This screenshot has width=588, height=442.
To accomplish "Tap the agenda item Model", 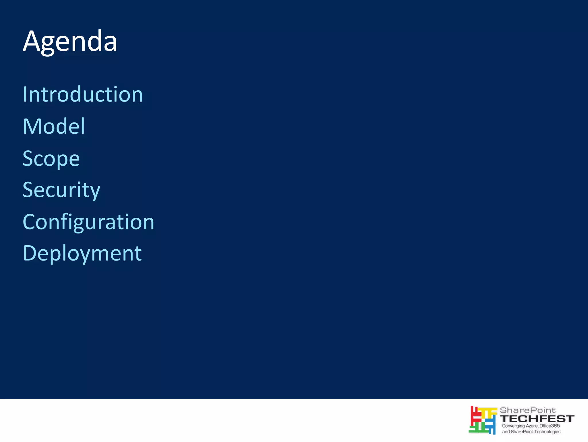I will pos(54,126).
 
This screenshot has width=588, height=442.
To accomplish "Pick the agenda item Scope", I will pos(51,158).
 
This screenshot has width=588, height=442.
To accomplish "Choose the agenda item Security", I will pos(61,190).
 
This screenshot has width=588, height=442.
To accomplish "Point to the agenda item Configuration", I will pos(88,222).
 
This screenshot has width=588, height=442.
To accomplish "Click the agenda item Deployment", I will pos(82,253).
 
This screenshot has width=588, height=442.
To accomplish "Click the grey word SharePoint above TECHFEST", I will pos(528,410).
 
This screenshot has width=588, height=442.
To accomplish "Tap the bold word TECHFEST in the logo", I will pos(537,419).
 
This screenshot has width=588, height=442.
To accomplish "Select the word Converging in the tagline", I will pos(513,426).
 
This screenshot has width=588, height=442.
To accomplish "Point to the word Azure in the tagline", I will pos(532,426).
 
